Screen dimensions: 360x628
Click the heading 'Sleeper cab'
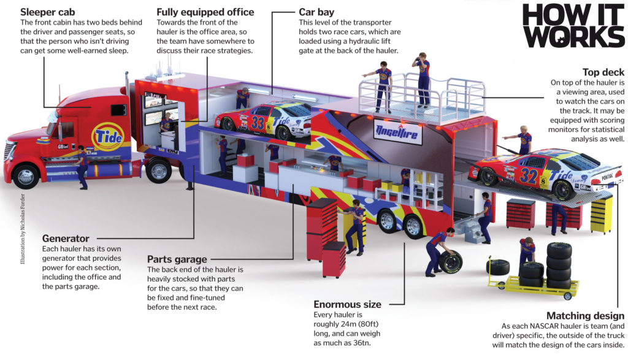tap(48, 12)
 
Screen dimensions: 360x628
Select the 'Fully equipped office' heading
tap(205, 12)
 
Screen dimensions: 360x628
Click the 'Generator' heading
tap(66, 238)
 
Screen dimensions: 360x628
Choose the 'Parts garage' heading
tap(177, 259)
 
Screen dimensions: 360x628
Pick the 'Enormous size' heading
tap(347, 304)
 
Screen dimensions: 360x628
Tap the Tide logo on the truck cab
tap(107, 136)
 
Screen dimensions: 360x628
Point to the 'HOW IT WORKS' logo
tap(573, 26)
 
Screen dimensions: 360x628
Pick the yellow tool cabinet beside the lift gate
tap(601, 214)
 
